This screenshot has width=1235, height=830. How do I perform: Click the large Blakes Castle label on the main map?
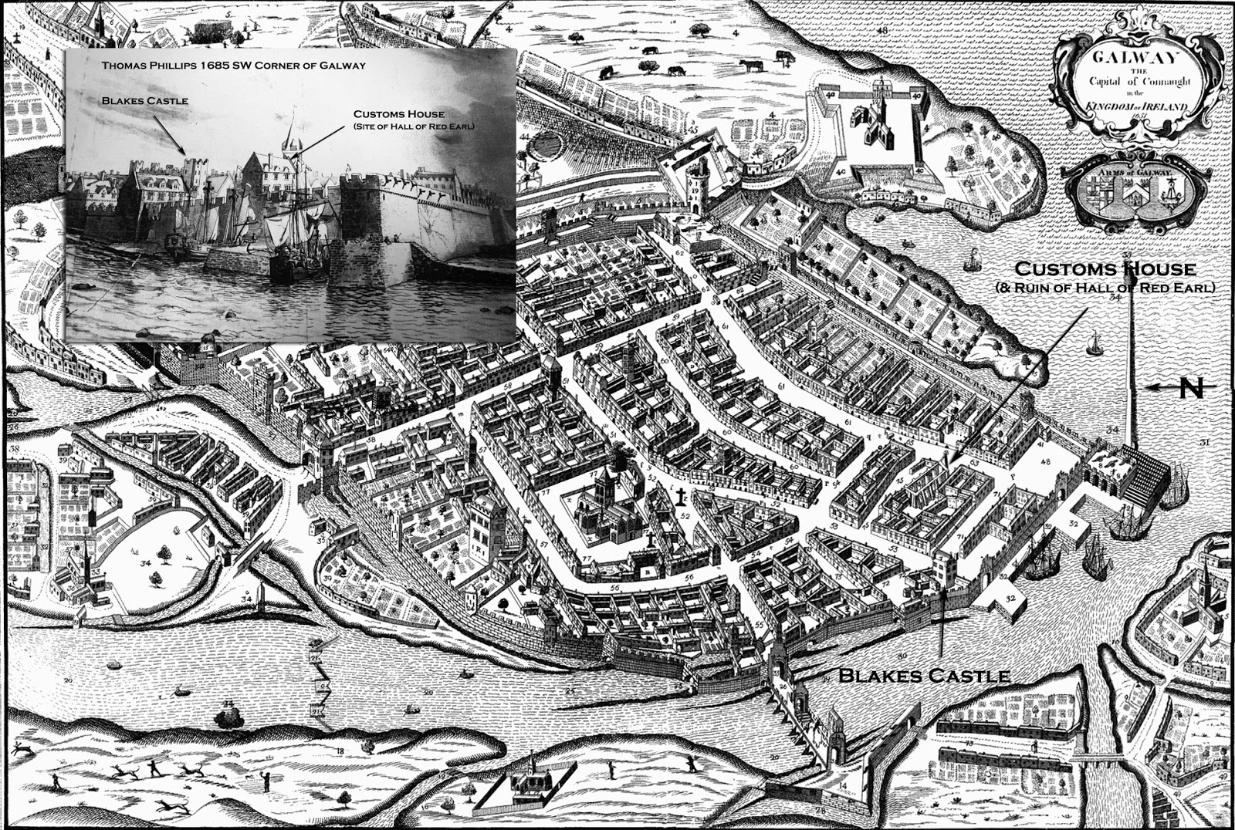[x=924, y=676]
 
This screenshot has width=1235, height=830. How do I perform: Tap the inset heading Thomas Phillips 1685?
[x=233, y=66]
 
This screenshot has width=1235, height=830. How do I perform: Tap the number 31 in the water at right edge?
[x=1205, y=441]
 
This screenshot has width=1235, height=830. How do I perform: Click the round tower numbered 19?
[x=698, y=185]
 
